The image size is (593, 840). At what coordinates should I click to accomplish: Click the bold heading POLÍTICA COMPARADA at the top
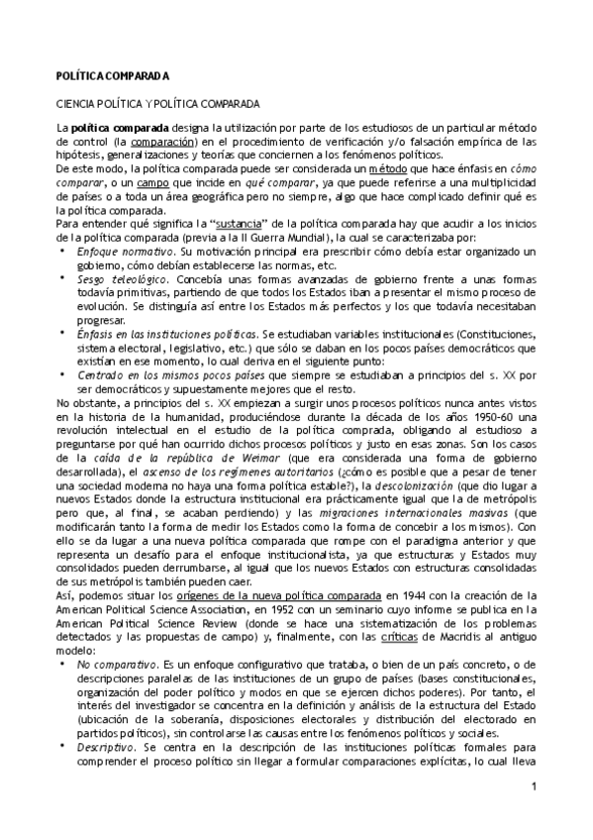[112, 76]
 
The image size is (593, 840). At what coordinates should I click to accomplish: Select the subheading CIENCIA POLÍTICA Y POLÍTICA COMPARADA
[157, 103]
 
